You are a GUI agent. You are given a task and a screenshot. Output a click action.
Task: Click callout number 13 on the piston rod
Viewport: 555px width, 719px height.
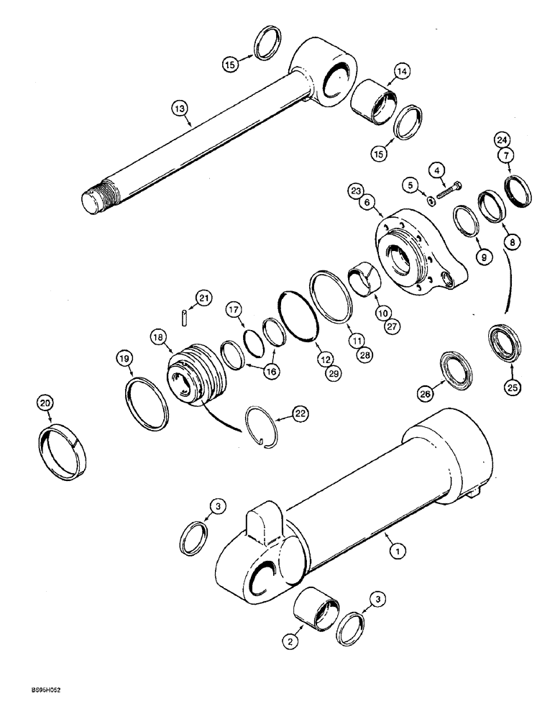click(179, 109)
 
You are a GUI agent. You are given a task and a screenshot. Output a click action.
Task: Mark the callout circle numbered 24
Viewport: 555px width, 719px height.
click(501, 139)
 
